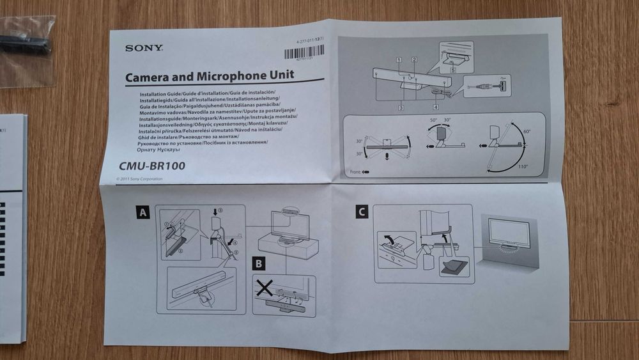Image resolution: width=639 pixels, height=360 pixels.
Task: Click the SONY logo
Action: tap(144, 47)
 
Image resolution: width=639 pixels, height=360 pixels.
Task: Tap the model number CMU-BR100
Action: tap(151, 166)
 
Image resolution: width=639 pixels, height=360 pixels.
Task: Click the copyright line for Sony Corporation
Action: tap(139, 179)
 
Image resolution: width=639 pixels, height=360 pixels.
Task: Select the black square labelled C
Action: tap(362, 212)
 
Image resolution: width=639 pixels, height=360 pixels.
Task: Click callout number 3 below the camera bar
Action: tap(401, 108)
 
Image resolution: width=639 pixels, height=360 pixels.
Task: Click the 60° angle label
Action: tap(527, 132)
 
